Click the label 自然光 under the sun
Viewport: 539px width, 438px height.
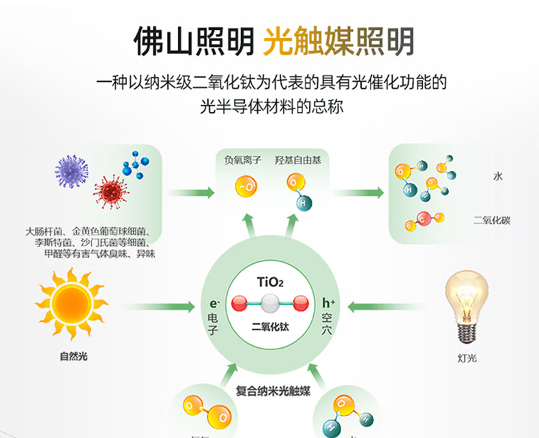74,355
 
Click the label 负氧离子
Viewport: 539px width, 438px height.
242,160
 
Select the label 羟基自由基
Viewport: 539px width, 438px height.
297,160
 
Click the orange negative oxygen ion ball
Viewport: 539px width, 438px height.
245,186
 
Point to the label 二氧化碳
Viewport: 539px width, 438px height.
492,220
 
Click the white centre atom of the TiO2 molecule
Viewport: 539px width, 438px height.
269,303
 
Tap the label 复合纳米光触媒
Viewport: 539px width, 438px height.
273,391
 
